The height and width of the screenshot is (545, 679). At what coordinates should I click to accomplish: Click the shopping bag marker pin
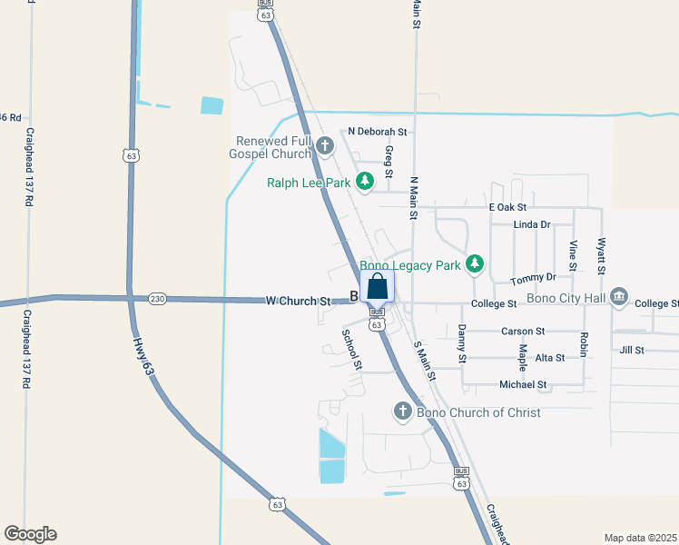(378, 287)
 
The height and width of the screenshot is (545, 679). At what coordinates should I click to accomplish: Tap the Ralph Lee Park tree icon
(365, 183)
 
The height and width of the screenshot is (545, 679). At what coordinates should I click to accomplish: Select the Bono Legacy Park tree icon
(473, 264)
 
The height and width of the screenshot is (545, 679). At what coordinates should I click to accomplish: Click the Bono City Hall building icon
(620, 296)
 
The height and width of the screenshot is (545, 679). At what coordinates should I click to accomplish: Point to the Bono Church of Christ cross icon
(403, 412)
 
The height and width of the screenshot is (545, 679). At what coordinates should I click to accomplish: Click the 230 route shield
(158, 299)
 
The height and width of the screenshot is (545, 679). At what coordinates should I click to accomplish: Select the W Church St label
(298, 301)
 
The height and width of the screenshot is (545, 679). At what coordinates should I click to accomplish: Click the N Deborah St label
(377, 132)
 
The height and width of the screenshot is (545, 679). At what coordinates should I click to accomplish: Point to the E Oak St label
(507, 208)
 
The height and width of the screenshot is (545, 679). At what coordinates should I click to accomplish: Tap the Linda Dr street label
(532, 224)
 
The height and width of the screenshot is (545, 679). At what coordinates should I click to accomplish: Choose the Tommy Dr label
(533, 278)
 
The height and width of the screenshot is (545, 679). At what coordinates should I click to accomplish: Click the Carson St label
(522, 332)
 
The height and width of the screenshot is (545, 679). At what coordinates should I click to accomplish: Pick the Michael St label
(523, 385)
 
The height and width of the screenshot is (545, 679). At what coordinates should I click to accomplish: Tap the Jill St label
(632, 350)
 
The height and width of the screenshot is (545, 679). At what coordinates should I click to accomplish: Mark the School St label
(352, 349)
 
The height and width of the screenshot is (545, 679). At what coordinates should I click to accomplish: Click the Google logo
(30, 534)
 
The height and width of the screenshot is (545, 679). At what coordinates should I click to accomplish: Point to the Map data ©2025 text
(640, 538)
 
